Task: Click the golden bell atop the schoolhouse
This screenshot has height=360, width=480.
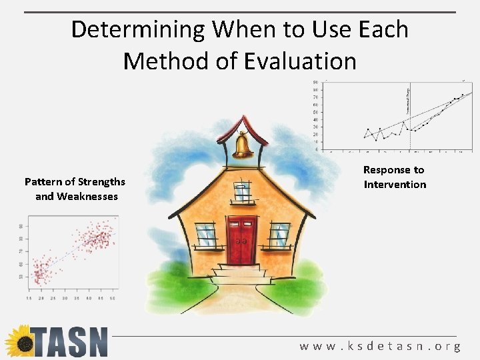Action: (241, 143)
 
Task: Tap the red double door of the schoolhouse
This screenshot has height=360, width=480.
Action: (241, 240)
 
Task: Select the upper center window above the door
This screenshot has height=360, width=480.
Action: (243, 191)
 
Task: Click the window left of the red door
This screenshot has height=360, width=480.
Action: (206, 234)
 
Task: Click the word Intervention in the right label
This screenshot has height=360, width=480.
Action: (395, 185)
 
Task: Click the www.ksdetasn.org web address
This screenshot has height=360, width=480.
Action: (380, 346)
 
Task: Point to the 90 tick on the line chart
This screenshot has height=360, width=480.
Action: (315, 83)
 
